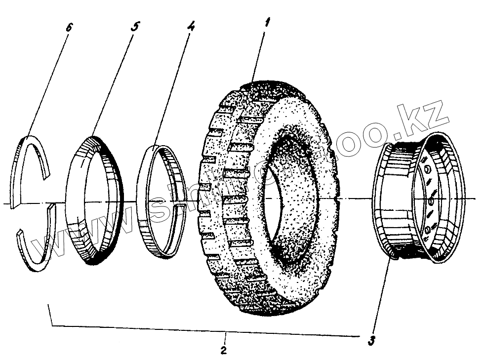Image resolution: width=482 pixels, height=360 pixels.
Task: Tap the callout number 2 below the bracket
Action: [224, 351]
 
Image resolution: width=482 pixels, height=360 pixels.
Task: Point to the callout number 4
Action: [191, 27]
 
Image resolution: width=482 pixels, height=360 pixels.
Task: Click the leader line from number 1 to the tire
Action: [259, 54]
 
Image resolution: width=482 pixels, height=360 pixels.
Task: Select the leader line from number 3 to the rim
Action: [381, 296]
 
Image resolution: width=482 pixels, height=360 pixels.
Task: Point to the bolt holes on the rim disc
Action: [428, 202]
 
